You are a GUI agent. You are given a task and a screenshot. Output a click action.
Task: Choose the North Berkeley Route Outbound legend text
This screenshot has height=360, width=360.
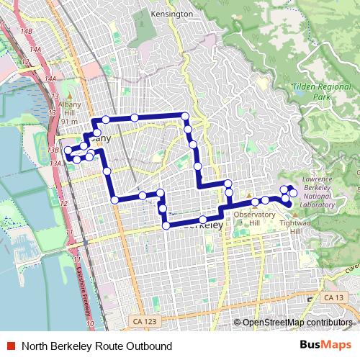(97, 345)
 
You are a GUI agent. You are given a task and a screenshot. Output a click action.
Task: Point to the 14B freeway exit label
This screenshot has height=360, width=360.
(27, 32)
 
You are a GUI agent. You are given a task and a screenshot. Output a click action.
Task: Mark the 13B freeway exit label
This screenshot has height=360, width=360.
(52, 150)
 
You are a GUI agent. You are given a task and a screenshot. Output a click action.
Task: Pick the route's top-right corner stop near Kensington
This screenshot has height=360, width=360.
(185, 116)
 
